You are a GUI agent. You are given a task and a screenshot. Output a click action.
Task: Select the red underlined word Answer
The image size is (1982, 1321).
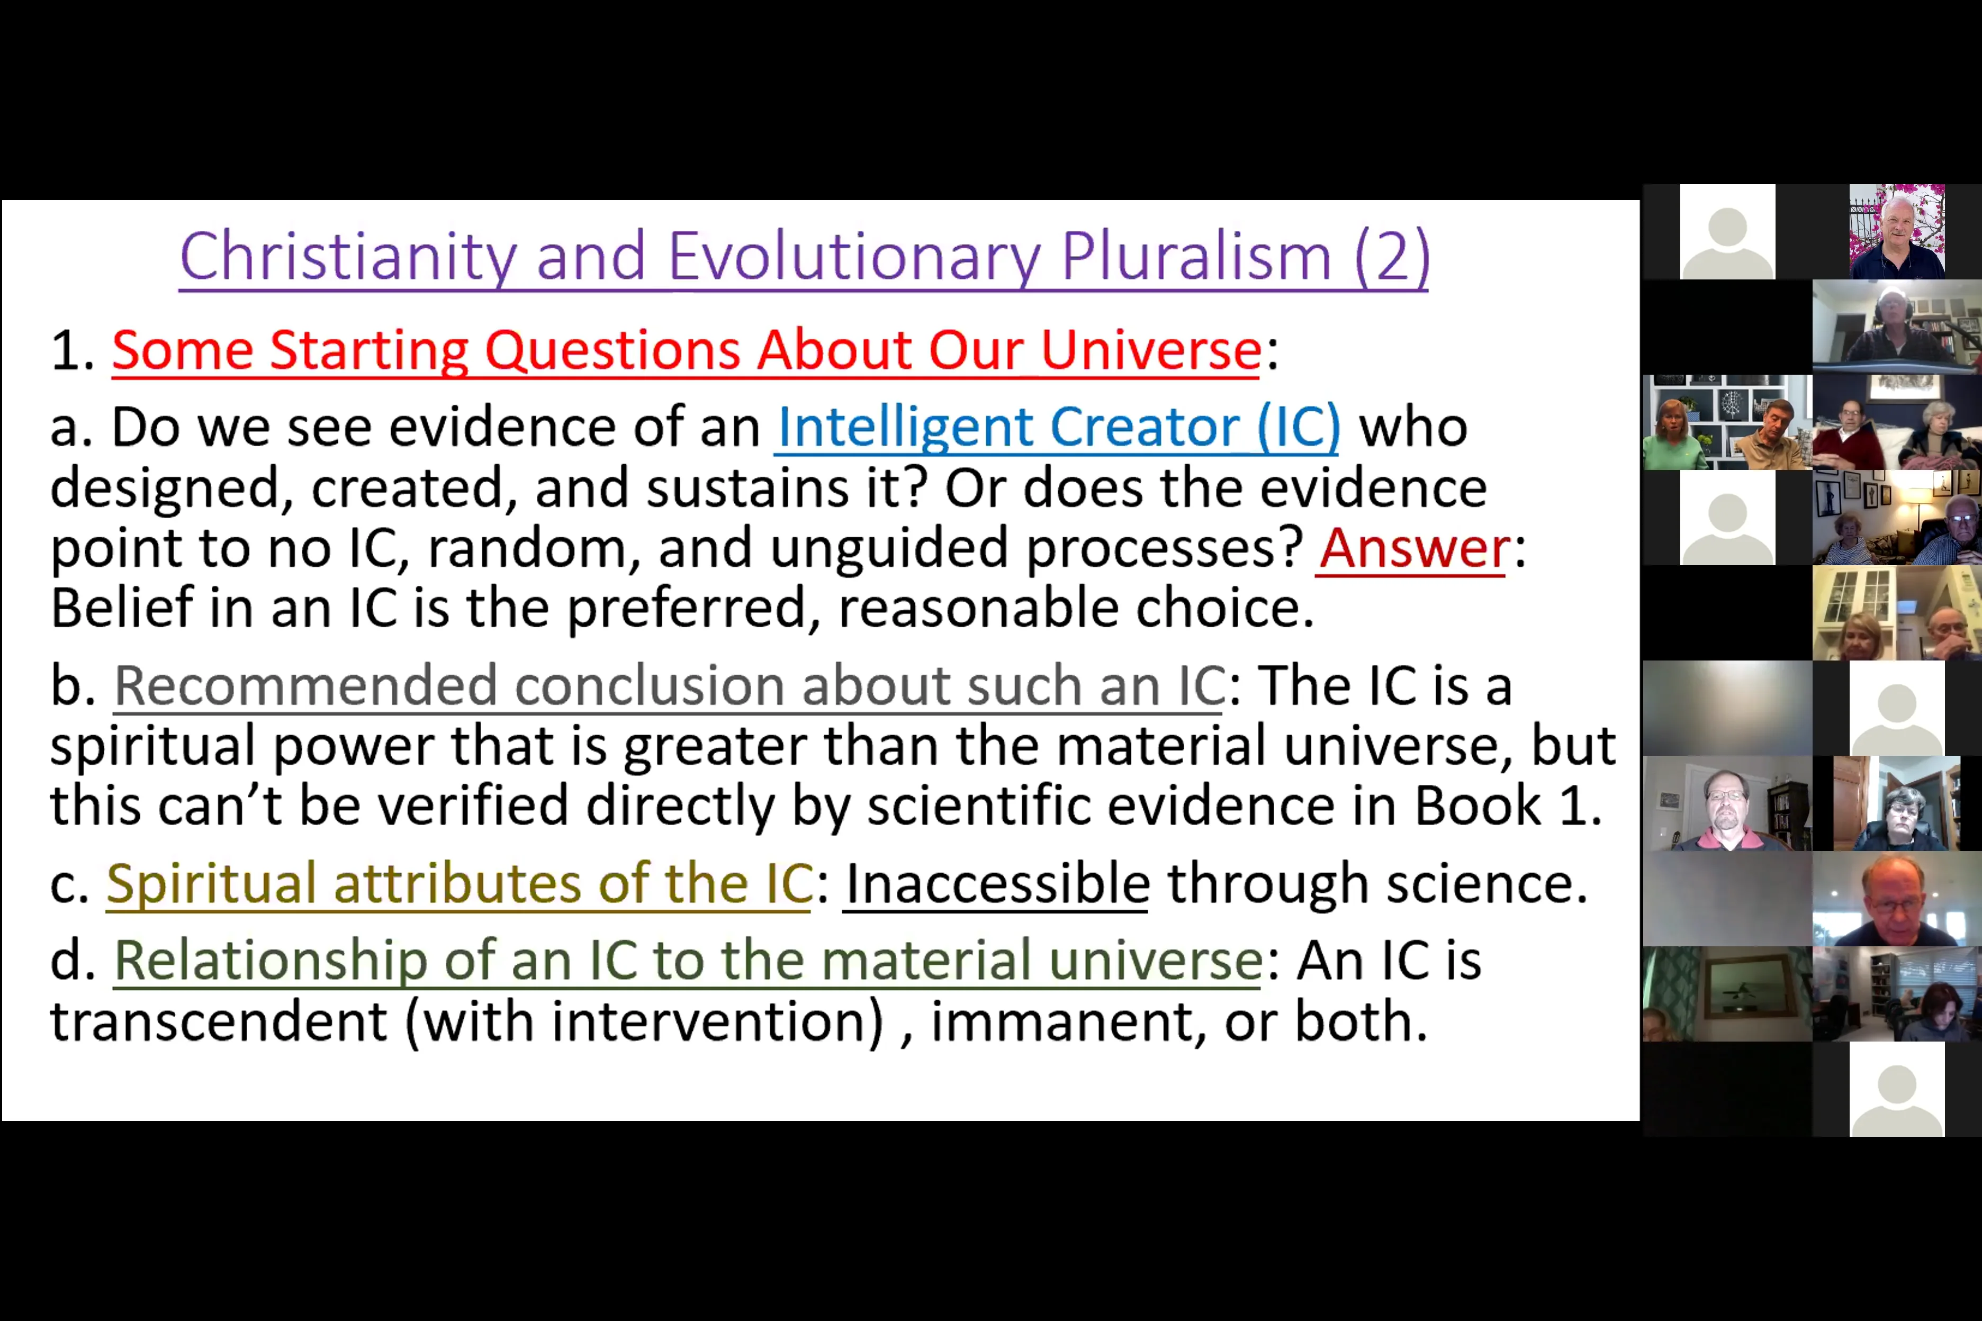pyautogui.click(x=1413, y=548)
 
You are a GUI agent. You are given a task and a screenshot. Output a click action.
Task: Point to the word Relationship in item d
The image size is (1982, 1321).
pyautogui.click(x=269, y=961)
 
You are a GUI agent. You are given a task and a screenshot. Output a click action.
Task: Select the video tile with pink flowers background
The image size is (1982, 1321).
pyautogui.click(x=1896, y=232)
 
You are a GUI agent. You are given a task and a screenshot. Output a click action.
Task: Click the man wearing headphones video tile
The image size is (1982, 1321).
pyautogui.click(x=1896, y=327)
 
